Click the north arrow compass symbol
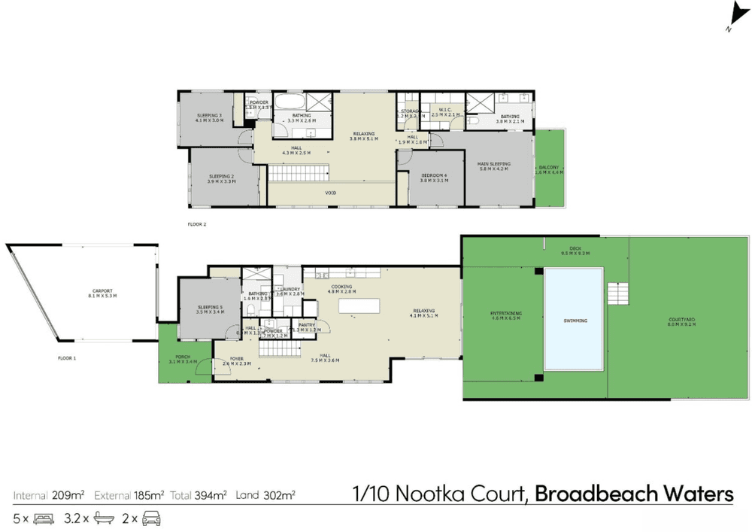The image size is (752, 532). [737, 17]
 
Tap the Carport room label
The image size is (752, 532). [102, 293]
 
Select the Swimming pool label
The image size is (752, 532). [573, 321]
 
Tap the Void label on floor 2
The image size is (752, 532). [330, 194]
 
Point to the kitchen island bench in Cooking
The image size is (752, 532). [359, 306]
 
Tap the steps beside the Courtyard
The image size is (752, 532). [617, 291]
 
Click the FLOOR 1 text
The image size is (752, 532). [68, 358]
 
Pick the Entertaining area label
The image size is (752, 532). [506, 315]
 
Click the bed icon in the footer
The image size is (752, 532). [44, 518]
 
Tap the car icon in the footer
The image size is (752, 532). [152, 518]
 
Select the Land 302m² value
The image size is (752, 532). [265, 495]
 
